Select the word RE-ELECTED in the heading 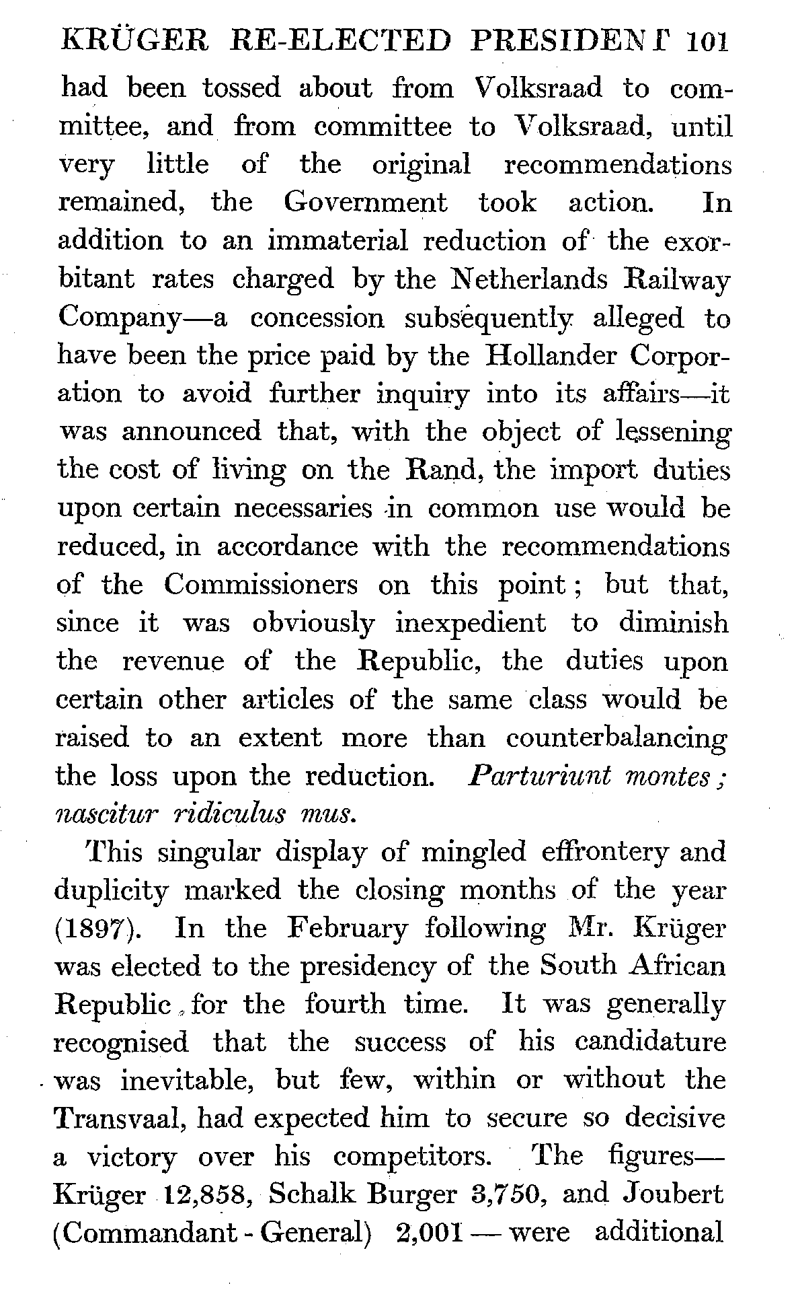340,42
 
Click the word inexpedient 471,623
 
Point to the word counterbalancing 616,738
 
